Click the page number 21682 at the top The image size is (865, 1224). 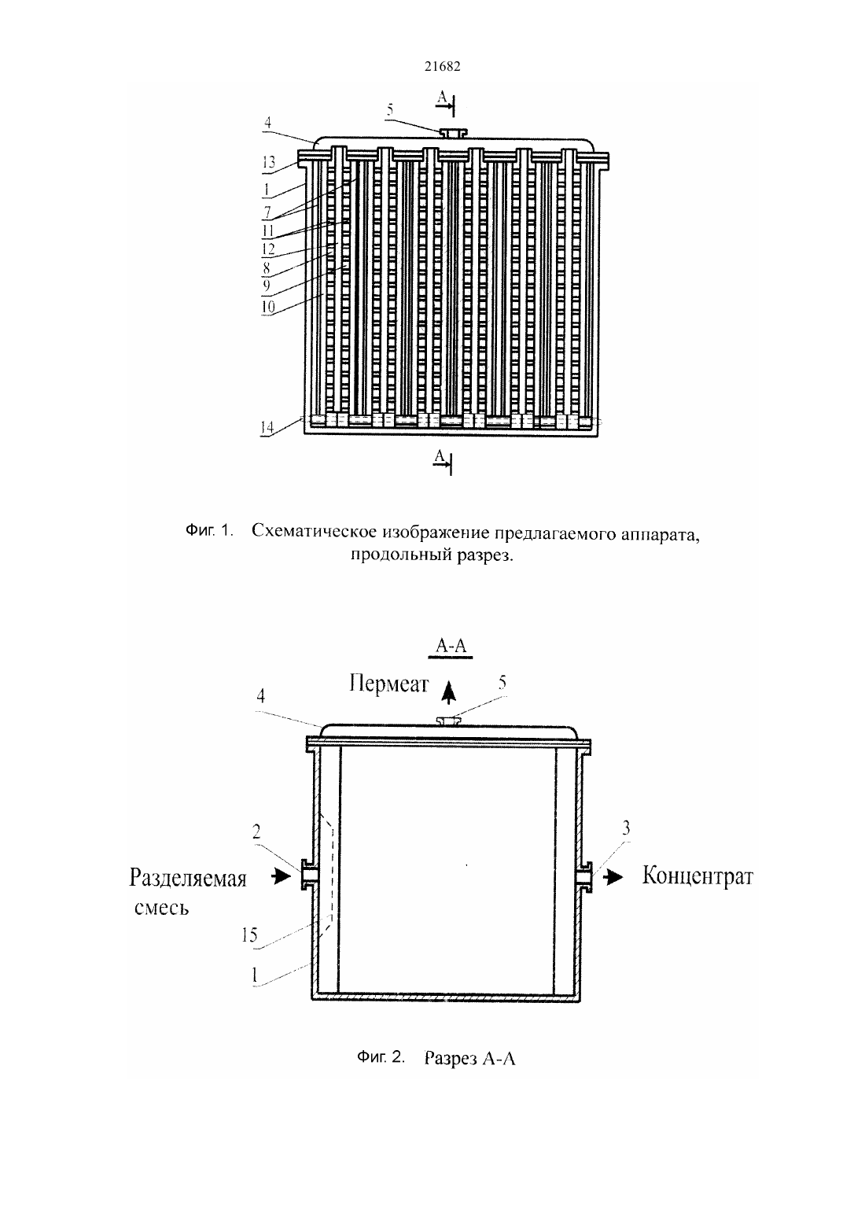(x=442, y=66)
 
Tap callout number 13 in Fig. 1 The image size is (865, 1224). (x=268, y=163)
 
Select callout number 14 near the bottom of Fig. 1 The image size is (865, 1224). (x=267, y=427)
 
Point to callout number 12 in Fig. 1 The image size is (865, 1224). (x=268, y=249)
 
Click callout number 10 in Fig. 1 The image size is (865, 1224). (x=268, y=307)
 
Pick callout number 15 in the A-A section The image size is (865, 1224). (x=249, y=935)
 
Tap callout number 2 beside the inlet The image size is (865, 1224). (x=256, y=831)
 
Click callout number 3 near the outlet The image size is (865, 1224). (x=627, y=828)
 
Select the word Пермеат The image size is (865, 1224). (x=389, y=684)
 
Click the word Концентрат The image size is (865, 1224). (x=698, y=876)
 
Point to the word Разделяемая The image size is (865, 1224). (x=188, y=879)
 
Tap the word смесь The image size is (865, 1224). (x=162, y=908)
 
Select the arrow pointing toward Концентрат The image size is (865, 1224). (x=613, y=877)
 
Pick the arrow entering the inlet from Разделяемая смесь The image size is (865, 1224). (x=281, y=876)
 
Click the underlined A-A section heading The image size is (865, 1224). (x=451, y=647)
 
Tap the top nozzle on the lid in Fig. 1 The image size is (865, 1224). (x=454, y=133)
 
